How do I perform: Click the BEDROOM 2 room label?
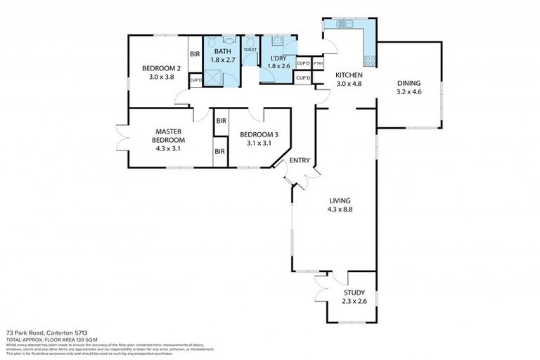point(162,68)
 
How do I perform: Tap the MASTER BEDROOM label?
point(169,131)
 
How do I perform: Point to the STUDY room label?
point(354,293)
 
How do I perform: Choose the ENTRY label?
point(300,160)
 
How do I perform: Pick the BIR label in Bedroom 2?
point(195,53)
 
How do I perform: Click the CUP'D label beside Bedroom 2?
point(196,80)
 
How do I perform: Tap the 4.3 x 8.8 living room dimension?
point(340,209)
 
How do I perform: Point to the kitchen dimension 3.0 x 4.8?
point(348,84)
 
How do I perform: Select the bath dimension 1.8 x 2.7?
point(222,60)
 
